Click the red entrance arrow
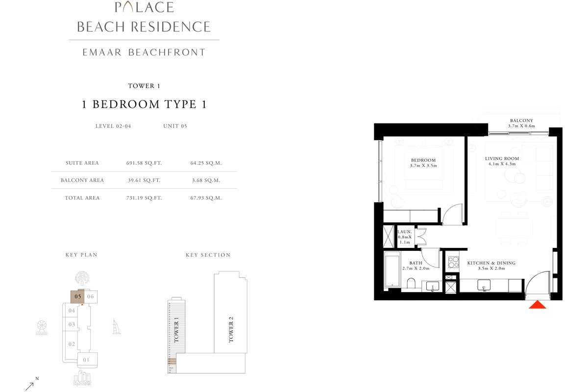click(x=538, y=305)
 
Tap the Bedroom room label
click(x=423, y=160)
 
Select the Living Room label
click(x=502, y=159)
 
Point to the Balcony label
click(x=521, y=121)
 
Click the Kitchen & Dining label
click(x=491, y=263)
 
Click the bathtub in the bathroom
click(x=392, y=269)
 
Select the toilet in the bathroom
click(x=411, y=284)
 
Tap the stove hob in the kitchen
click(x=453, y=262)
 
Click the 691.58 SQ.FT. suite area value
click(x=144, y=163)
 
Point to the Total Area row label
click(x=82, y=198)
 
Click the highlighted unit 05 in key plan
click(x=77, y=296)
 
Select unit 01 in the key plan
click(x=87, y=360)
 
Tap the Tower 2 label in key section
click(x=231, y=329)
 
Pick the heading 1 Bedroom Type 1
click(x=143, y=104)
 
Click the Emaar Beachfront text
click(x=144, y=52)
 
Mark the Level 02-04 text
click(x=113, y=126)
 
